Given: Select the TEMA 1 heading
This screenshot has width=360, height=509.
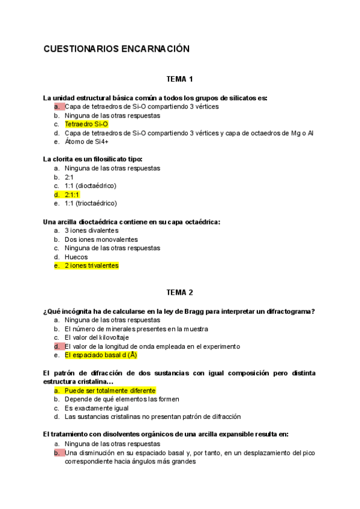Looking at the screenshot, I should point(179,79).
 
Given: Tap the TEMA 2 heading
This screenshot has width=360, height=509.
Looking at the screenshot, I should point(179,292).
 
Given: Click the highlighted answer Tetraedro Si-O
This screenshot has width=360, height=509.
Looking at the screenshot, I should point(86,124).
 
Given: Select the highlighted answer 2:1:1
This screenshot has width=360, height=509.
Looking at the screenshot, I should point(72,194).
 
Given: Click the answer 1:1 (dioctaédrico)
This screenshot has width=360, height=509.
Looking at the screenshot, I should point(91,186).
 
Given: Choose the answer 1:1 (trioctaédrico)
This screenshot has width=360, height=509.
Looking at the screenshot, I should point(91,203).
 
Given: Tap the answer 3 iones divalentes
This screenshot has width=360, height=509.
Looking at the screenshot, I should point(92,230).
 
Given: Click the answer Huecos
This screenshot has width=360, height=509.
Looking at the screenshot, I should point(76,257).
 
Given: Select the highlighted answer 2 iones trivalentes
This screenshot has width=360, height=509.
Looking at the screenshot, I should point(92,265).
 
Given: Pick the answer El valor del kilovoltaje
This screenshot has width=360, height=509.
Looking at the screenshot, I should point(97,337).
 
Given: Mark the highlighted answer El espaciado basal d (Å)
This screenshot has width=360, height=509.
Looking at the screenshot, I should point(101,355).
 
